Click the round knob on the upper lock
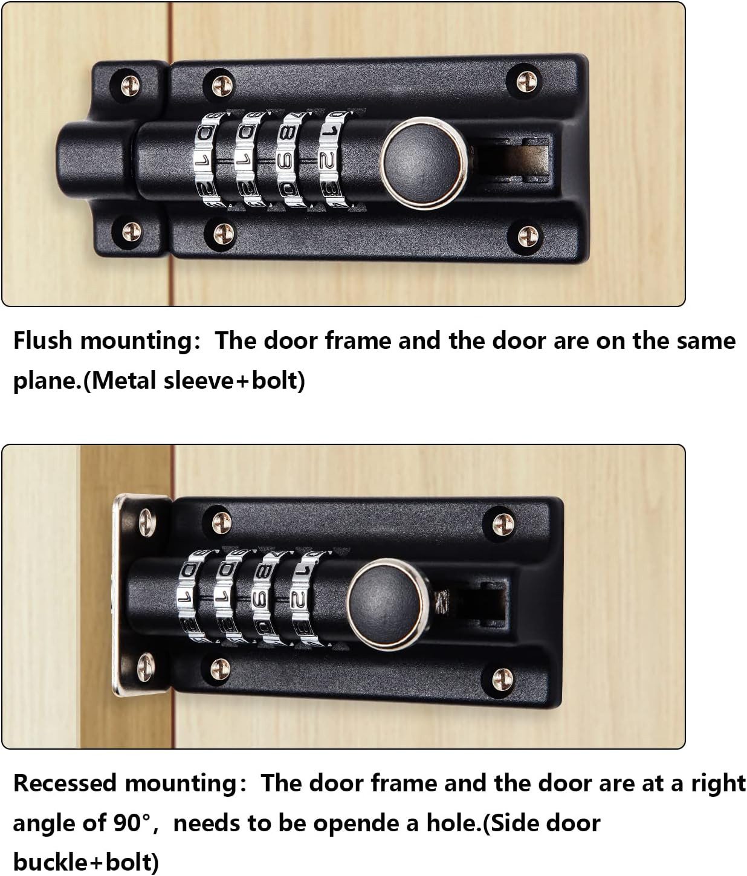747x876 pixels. pos(423,164)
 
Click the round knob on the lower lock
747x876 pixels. pos(389,605)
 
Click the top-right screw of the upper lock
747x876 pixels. pos(527,81)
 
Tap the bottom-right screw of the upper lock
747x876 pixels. pos(528,235)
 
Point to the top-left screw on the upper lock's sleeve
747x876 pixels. pos(131,85)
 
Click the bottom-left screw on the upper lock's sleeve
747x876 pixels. pos(131,232)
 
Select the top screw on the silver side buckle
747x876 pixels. pos(147,522)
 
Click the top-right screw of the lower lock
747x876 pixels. pos(503,524)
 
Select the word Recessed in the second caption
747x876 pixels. pos(65,783)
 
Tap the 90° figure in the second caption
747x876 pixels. pos(132,823)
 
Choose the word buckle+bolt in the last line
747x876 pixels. pos(86,862)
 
